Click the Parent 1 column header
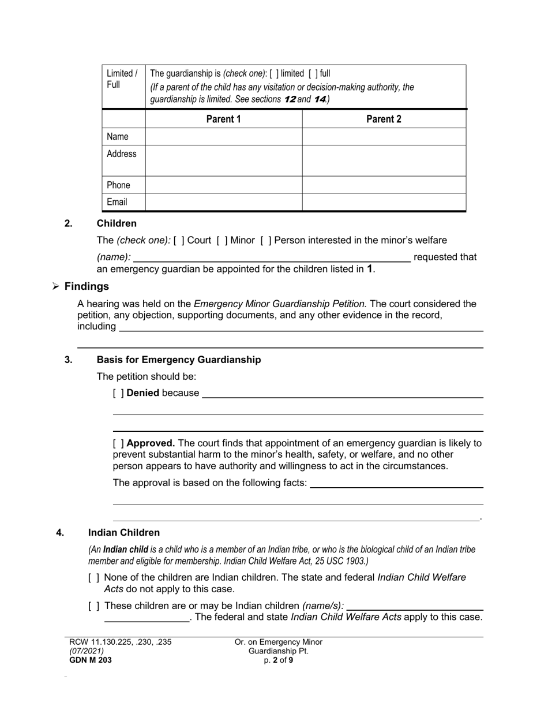pyautogui.click(x=224, y=119)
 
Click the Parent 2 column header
pyautogui.click(x=384, y=119)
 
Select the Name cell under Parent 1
pyautogui.click(x=224, y=137)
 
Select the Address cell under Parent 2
pyautogui.click(x=384, y=160)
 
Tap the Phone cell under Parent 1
pyautogui.click(x=224, y=185)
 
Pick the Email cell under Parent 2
pyautogui.click(x=384, y=202)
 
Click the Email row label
pyautogui.click(x=117, y=202)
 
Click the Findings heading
pyautogui.click(x=86, y=286)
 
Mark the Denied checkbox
pyautogui.click(x=118, y=393)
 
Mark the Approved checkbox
pyautogui.click(x=118, y=443)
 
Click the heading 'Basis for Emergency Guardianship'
pyautogui.click(x=178, y=360)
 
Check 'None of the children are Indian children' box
pyautogui.click(x=94, y=577)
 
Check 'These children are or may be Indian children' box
pyautogui.click(x=94, y=606)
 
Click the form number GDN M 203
pyautogui.click(x=91, y=660)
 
